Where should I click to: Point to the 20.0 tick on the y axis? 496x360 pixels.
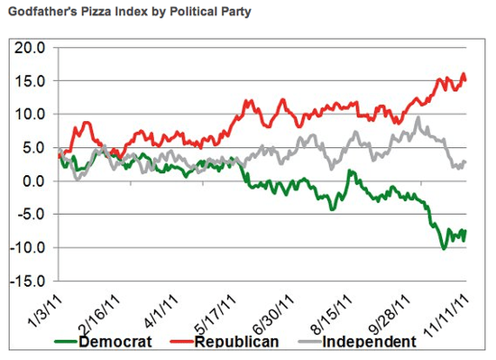coord(30,47)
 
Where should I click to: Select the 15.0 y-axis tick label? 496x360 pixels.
coord(30,80)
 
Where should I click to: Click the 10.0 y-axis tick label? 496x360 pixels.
coord(30,114)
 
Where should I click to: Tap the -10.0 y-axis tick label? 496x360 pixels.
coord(28,247)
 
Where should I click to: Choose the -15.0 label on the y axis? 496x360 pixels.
coord(28,281)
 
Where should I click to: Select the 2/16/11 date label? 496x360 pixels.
coord(98,310)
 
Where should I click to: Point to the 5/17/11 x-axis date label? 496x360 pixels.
coord(215,310)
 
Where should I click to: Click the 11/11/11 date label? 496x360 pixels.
coord(445,312)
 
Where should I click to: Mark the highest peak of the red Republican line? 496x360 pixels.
coord(464,74)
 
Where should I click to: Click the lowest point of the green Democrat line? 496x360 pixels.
coord(443,248)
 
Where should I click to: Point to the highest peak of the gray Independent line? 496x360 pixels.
coord(418,117)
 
